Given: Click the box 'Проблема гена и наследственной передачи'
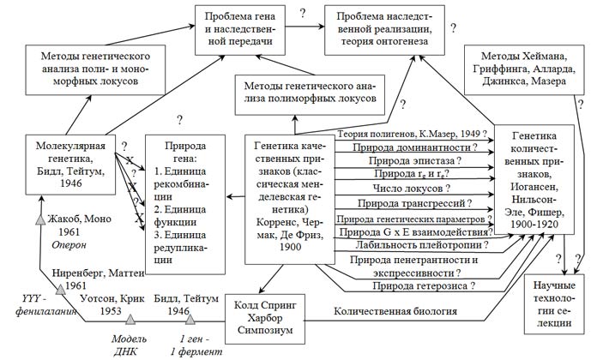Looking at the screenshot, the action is tap(240, 30).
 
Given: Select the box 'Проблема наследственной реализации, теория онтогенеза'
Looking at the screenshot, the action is tap(384, 30).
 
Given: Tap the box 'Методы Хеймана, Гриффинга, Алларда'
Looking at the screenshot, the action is tap(524, 69).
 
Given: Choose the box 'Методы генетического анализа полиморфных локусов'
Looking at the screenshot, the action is tap(310, 95).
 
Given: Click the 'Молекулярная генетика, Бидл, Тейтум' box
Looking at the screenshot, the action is tap(70, 165).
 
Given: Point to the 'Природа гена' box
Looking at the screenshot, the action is tap(185, 204).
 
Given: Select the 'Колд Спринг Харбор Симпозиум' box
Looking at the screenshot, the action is tap(265, 318).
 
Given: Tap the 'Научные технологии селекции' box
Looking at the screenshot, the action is tap(554, 304).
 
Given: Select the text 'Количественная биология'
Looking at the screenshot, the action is tap(395, 311).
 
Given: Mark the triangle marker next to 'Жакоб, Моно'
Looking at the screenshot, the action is tap(40, 219).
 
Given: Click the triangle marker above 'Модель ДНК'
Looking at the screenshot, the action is tap(130, 319).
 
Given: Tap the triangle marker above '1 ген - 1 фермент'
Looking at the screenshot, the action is tap(190, 319).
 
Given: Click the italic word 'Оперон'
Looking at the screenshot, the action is tap(69, 244).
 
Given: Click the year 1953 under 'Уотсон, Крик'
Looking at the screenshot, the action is tap(111, 311).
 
